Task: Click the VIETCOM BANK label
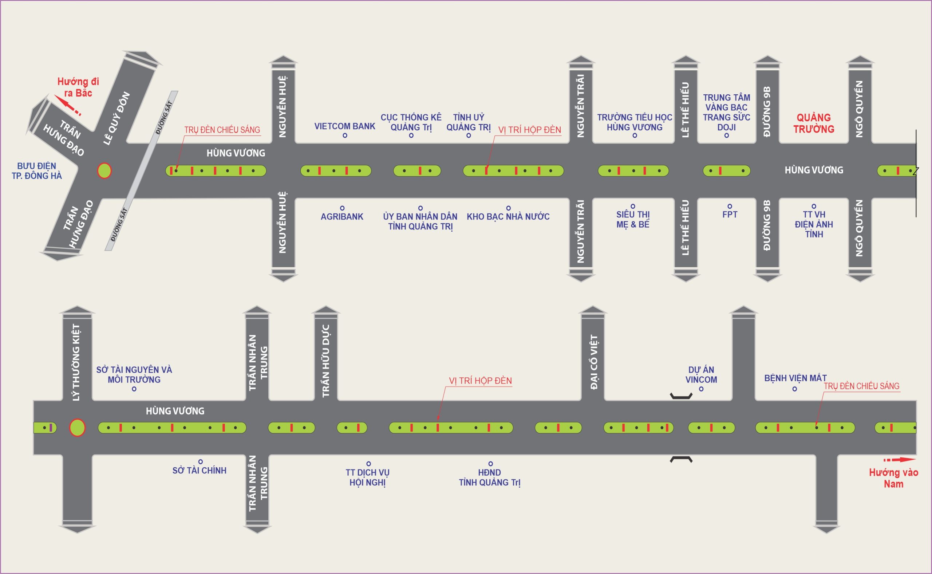(344, 126)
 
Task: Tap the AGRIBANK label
(341, 216)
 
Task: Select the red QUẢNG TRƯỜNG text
(814, 123)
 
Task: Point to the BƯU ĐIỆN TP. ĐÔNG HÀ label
(36, 171)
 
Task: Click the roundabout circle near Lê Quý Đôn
(104, 171)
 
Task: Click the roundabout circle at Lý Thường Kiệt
(77, 428)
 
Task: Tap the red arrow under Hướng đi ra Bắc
(68, 106)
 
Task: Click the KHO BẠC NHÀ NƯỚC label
(508, 216)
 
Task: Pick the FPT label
(729, 215)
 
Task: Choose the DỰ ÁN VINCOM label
(701, 374)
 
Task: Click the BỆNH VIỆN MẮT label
(795, 378)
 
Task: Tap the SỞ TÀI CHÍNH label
(199, 470)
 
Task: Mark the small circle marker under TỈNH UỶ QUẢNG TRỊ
(468, 135)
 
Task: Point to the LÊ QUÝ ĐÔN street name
(116, 118)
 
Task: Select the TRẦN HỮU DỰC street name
(325, 361)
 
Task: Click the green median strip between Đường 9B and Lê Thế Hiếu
(726, 171)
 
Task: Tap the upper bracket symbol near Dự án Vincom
(681, 396)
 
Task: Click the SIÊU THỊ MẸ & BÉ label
(633, 219)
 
